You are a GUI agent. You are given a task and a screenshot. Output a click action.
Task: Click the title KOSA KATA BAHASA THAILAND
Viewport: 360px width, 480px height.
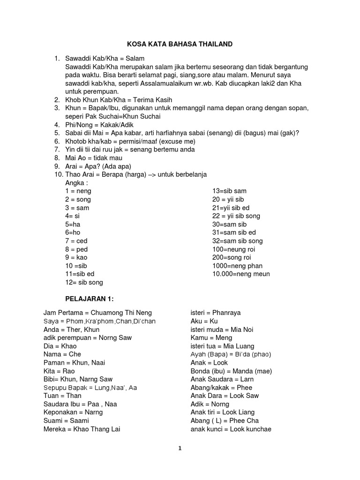tap(180, 45)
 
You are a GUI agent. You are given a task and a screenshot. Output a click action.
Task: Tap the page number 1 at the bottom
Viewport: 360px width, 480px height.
tap(180, 448)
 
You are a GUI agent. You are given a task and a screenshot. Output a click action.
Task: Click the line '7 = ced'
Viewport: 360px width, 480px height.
tap(76, 241)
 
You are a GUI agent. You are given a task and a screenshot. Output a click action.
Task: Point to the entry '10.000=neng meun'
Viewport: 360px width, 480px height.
tap(241, 274)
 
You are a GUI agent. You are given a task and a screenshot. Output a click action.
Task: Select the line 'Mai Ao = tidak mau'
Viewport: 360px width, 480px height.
tap(94, 158)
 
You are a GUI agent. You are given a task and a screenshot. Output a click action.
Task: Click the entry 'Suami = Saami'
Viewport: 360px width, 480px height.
tap(66, 420)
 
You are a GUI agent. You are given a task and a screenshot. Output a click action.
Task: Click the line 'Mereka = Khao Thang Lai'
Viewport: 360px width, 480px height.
tap(82, 429)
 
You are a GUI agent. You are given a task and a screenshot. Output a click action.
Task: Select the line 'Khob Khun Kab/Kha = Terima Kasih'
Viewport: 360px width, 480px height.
tap(119, 100)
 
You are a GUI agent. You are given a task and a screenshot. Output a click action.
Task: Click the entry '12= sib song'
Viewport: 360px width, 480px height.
tap(84, 282)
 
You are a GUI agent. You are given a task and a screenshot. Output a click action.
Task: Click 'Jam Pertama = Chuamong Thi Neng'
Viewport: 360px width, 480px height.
tap(97, 313)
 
